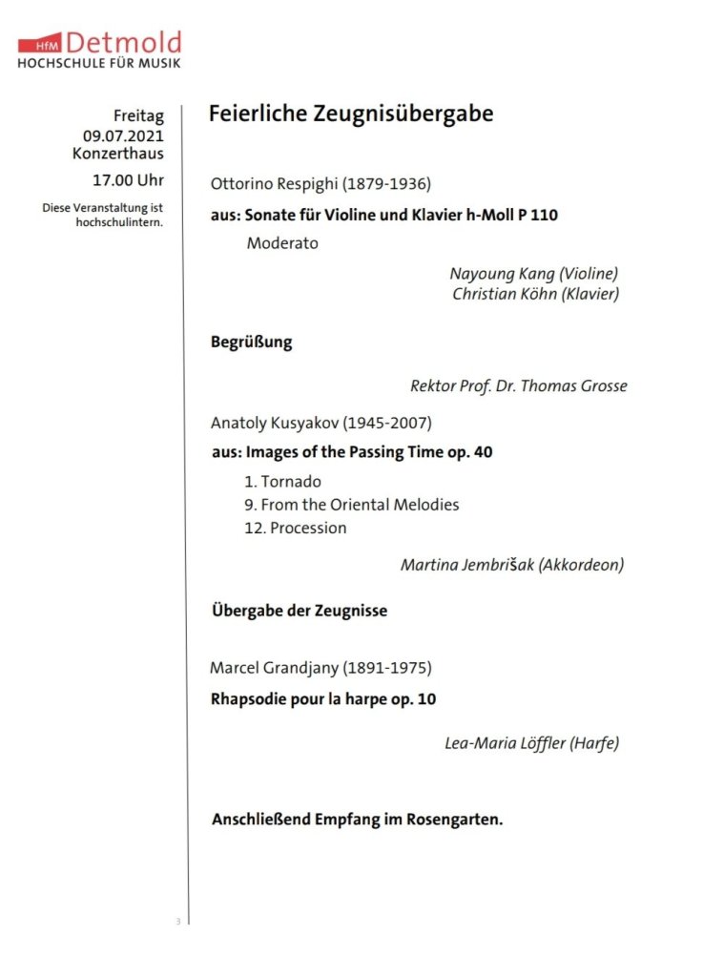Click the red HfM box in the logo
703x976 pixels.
click(44, 45)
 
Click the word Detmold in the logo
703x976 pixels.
click(123, 42)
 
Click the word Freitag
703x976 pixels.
click(138, 116)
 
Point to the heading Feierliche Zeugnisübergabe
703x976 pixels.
click(351, 114)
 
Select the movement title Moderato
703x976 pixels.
click(282, 243)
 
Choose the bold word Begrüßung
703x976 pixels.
click(251, 343)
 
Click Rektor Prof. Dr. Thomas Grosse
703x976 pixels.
click(518, 386)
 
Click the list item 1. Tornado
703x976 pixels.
click(282, 482)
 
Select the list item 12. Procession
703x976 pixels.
click(295, 528)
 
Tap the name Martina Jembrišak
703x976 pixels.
click(466, 565)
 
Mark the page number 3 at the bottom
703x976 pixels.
click(177, 921)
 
